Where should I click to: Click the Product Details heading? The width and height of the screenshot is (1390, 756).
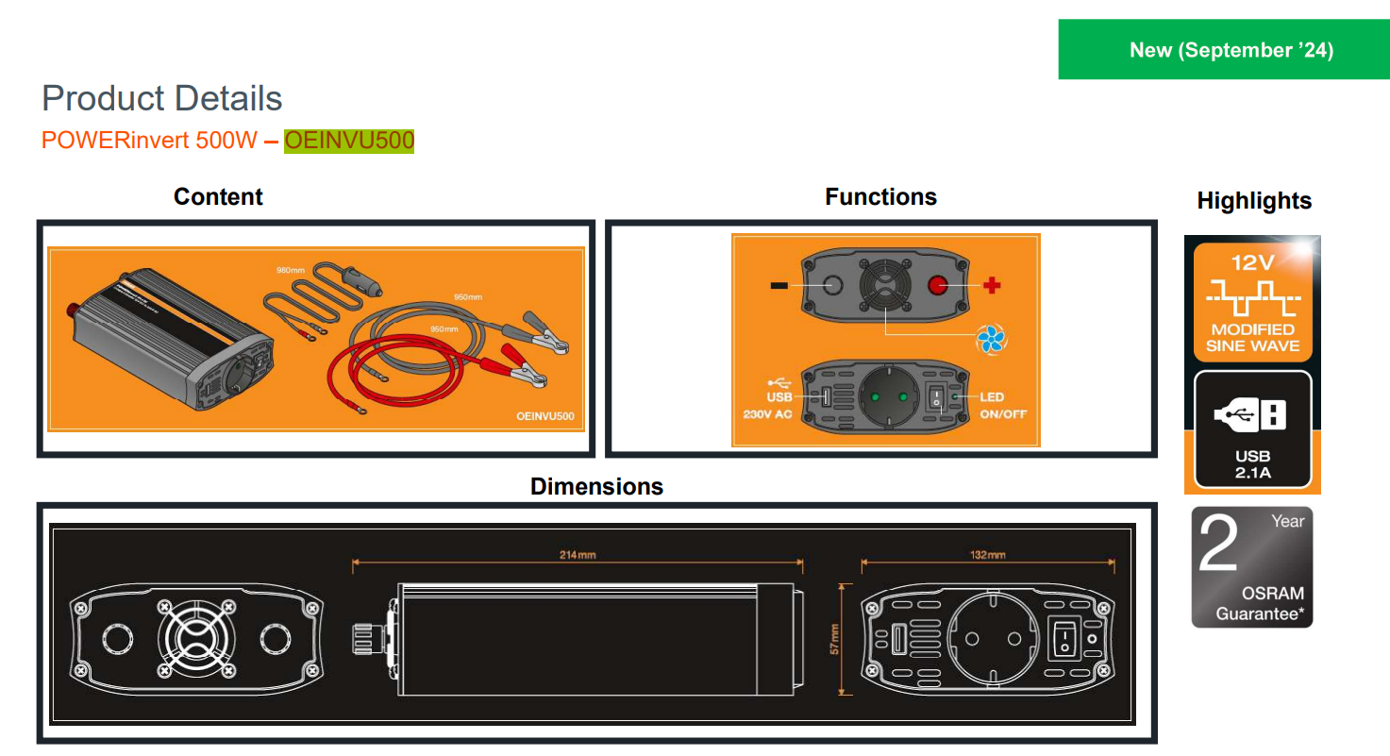161,98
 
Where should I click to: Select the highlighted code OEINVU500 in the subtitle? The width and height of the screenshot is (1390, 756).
349,141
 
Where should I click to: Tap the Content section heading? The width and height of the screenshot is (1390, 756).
218,196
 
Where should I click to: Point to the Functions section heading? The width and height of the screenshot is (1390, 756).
880,196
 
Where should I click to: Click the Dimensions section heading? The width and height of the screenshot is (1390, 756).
596,486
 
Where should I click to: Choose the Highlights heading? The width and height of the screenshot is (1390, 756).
1254,200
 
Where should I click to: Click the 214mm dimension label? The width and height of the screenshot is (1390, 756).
578,555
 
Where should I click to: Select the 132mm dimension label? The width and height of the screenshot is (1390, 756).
987,555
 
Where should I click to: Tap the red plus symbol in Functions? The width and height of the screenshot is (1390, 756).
992,285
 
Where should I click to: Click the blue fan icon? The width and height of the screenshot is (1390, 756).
993,338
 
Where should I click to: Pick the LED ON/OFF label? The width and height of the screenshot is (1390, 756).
1002,406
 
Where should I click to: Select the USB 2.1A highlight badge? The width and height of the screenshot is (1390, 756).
1252,429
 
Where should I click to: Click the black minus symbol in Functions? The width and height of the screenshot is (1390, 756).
779,285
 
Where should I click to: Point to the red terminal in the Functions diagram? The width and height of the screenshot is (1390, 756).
938,285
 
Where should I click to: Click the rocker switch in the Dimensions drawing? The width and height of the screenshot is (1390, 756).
1063,639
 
